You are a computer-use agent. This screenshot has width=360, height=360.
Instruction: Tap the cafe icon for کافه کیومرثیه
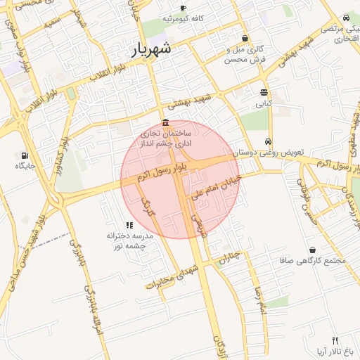(184, 8)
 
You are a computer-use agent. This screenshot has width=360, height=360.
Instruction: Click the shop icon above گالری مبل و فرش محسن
(245, 39)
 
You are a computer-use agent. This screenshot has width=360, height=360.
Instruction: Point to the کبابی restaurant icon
(264, 92)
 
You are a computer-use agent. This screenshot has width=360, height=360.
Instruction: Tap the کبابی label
(262, 103)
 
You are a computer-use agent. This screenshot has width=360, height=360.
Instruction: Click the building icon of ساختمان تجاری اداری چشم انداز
(165, 123)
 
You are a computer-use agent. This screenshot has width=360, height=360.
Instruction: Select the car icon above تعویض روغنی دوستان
(267, 141)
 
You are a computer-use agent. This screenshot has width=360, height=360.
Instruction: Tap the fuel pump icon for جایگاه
(25, 155)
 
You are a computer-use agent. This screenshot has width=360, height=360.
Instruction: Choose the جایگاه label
(25, 166)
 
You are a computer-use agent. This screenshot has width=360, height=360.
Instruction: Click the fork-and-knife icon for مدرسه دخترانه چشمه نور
(129, 225)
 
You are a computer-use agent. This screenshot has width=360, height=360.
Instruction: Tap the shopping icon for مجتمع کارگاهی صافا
(312, 250)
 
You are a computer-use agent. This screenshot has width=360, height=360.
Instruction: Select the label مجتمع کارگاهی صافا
(313, 261)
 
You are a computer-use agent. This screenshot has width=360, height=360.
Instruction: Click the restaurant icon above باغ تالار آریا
(335, 340)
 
